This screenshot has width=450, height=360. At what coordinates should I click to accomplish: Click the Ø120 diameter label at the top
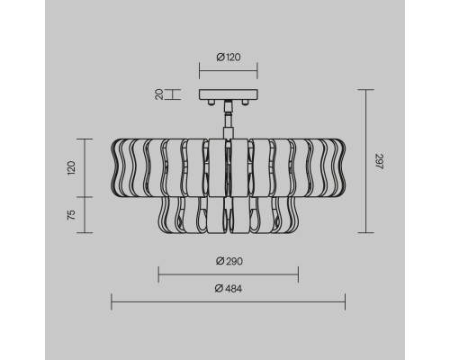tap(229, 57)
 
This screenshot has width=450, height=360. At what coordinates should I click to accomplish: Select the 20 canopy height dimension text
tap(159, 94)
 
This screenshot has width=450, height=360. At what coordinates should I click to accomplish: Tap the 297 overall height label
tap(379, 161)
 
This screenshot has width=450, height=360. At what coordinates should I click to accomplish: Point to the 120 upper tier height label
tap(71, 168)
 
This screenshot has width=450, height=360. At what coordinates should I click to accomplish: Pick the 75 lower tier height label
tap(71, 215)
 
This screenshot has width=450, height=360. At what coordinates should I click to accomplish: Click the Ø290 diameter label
tap(229, 261)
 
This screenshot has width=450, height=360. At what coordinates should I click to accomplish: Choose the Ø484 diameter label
tap(229, 289)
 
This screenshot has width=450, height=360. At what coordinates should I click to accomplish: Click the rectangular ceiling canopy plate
tap(229, 94)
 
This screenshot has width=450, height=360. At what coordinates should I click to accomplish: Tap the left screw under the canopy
tap(211, 103)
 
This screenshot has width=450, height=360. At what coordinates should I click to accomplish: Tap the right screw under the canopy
tap(246, 103)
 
